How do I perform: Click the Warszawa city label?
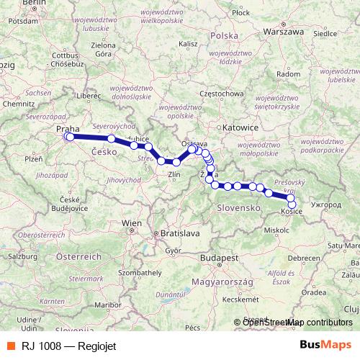283,32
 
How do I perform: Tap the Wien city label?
132,224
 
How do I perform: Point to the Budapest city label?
220,258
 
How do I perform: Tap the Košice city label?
291,212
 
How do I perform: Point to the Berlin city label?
34,4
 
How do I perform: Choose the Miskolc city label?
276,230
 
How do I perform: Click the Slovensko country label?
238,207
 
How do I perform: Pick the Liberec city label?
90,95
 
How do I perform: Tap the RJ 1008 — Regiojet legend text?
61,344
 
